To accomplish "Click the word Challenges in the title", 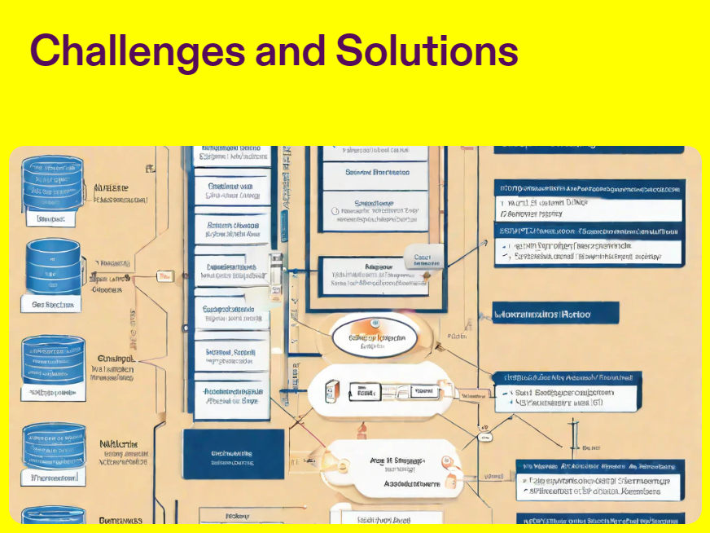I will [137, 51].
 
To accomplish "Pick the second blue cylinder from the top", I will [53, 266].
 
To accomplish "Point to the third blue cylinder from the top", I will [53, 359].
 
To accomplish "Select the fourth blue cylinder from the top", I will [53, 444].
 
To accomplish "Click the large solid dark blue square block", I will [234, 454].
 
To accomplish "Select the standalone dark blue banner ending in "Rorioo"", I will [556, 313].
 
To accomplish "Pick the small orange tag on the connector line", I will [164, 277].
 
